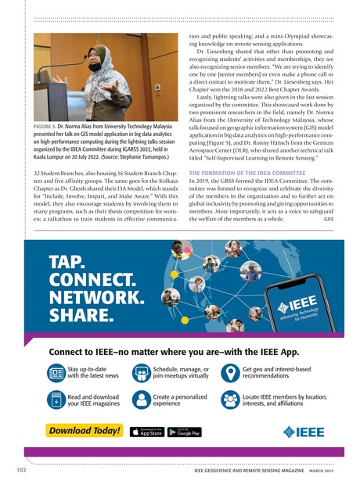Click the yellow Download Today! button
tap(85, 430)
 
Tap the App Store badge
tap(146, 431)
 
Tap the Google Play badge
tap(185, 431)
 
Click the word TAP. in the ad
tap(68, 262)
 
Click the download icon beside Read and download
tap(56, 400)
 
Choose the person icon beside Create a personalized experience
tap(142, 400)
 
